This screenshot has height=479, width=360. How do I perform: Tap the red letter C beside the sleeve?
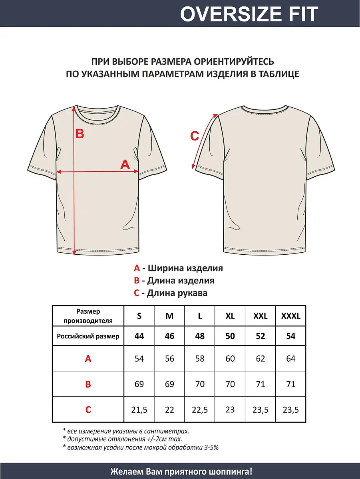point(194,136)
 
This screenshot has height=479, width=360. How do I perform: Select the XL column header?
point(230,316)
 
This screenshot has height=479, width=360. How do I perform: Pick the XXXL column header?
point(291,316)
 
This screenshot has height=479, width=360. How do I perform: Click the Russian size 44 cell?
point(139,336)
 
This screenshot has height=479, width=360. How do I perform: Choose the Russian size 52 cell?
point(261,336)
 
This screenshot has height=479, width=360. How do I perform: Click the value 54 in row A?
point(139,358)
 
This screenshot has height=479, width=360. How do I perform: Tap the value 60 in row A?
point(230,358)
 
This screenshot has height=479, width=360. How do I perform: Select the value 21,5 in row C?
point(139,410)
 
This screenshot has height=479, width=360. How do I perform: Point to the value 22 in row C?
point(169,410)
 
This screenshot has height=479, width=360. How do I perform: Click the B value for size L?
point(200,384)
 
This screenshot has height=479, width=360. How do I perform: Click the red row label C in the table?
point(88,410)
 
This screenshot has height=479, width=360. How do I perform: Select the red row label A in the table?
point(88,358)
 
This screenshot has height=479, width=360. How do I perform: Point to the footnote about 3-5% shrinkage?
point(141,447)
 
